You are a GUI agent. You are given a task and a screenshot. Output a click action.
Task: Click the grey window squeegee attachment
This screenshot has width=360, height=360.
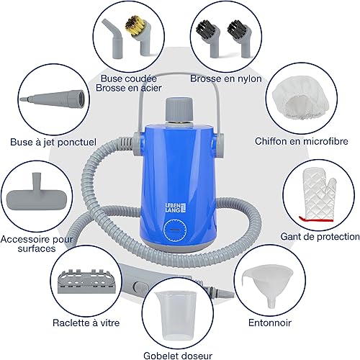tap(86, 282)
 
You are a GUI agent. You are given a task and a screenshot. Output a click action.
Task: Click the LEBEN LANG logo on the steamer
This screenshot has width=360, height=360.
tap(176, 207)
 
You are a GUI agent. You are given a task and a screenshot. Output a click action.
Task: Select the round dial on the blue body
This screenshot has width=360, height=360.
tap(176, 230)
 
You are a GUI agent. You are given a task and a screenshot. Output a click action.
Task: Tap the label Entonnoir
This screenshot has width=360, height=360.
tap(270, 323)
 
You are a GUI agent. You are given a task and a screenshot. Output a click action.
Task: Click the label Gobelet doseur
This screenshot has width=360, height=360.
tap(178, 356)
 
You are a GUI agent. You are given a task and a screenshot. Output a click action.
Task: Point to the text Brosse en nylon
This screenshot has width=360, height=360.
tap(226, 78)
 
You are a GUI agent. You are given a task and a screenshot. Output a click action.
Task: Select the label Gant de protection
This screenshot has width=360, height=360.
tap(320, 237)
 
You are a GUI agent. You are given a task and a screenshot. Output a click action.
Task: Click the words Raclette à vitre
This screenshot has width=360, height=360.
tap(86, 323)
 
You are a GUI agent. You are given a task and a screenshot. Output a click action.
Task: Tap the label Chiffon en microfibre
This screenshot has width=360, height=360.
tap(302, 141)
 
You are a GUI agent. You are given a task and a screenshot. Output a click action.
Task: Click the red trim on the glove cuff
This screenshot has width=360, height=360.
tap(316, 219)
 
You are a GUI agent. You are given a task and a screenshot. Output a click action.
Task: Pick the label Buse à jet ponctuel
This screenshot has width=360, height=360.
tap(53, 142)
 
